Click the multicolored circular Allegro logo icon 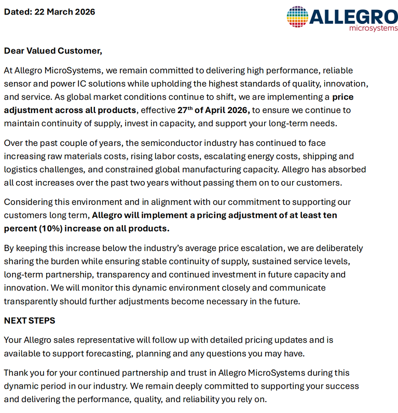click(297, 17)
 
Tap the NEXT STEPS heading click(30, 321)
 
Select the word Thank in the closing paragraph click(16, 373)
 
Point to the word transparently click(31, 301)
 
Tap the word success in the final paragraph click(343, 386)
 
